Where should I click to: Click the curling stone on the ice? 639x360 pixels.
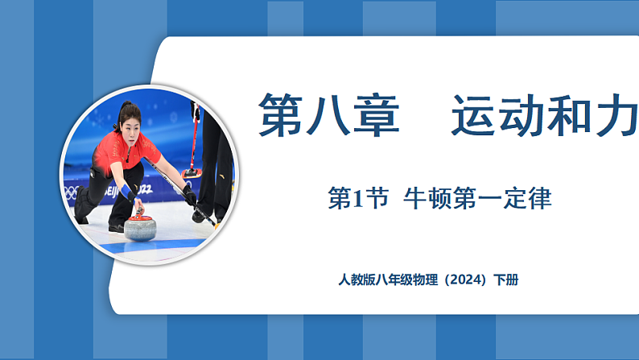click(x=141, y=227)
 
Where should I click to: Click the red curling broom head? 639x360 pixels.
click(x=191, y=173)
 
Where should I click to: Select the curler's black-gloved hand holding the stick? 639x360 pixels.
click(x=189, y=194)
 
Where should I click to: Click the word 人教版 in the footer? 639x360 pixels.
click(x=357, y=281)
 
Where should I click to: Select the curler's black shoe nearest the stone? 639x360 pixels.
click(x=116, y=228)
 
